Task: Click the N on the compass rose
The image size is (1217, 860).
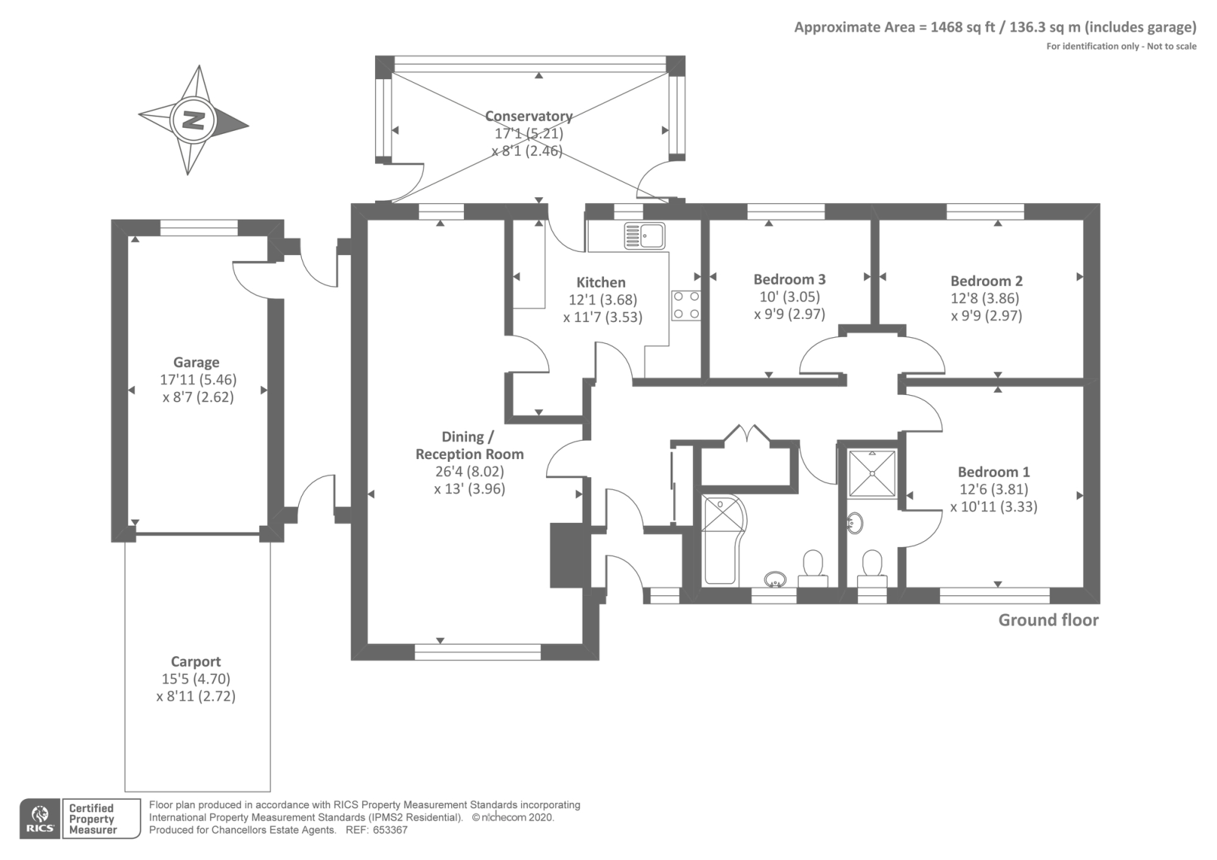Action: pos(193,120)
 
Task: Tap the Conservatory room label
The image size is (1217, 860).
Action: pos(529,116)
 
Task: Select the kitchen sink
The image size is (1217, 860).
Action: pos(644,235)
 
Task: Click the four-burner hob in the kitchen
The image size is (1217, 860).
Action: pos(685,305)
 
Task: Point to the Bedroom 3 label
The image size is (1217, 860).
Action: pos(790,279)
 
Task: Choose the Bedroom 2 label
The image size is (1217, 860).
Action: pos(987,281)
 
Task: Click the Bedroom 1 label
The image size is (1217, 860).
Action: pos(993,472)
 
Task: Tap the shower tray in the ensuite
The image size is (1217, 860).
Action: pos(872,473)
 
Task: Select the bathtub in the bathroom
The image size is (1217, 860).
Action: pos(723,540)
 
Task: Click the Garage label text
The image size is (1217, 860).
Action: pos(196,362)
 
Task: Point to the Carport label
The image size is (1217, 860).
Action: pos(195,661)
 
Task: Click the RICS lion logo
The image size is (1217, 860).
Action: pos(40,818)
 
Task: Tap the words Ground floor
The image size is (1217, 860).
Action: pos(1049,620)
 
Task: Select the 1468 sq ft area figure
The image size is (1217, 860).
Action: pos(962,27)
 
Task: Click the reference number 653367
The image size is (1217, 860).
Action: pos(390,830)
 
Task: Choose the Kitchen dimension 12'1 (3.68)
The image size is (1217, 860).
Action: pos(603,300)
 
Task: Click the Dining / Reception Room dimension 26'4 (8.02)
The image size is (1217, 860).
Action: pos(469,471)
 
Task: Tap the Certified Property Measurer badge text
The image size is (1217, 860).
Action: pos(92,819)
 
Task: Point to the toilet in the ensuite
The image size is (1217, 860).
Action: pos(872,569)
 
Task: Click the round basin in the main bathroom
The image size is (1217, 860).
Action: pos(775,579)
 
